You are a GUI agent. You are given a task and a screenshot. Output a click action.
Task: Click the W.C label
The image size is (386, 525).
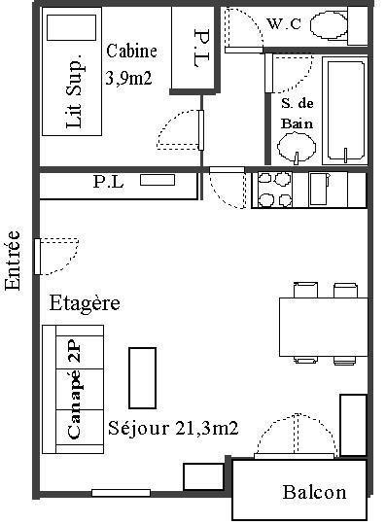tap(284, 23)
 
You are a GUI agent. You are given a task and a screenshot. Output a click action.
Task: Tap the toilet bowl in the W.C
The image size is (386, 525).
tap(329, 24)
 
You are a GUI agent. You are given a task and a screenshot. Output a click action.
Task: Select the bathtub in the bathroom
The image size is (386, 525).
tap(345, 111)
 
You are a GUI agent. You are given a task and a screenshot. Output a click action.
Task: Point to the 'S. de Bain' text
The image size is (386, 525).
tap(297, 113)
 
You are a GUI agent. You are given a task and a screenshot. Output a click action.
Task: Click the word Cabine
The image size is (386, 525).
tap(131, 51)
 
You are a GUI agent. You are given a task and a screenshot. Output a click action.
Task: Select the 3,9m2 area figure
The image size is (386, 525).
tap(129, 79)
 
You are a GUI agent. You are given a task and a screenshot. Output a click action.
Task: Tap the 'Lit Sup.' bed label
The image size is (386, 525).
tap(74, 90)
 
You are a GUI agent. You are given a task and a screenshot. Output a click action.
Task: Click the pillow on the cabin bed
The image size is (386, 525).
tap(71, 27)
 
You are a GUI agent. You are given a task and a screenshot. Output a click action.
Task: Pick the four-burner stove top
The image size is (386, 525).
tap(274, 190)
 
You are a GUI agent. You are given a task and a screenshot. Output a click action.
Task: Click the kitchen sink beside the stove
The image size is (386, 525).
tap(319, 189)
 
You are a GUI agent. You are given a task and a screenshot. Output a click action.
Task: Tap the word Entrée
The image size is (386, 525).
tap(13, 260)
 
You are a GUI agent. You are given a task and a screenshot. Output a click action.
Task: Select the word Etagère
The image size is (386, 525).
tap(85, 303)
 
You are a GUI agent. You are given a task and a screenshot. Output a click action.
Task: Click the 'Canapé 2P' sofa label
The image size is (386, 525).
tap(74, 389)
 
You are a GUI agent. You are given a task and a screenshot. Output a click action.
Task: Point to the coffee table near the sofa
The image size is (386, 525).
tap(143, 377)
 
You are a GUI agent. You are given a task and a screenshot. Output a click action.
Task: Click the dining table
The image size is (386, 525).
tap(324, 327)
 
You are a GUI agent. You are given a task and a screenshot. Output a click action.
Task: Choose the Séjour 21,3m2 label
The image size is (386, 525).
tap(173, 428)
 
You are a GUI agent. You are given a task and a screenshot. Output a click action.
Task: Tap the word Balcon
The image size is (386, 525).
tap(314, 493)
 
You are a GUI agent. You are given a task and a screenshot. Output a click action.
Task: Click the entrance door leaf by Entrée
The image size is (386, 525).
tap(38, 257)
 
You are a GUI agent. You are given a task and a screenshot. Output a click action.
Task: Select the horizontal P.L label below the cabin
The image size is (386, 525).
tap(108, 182)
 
